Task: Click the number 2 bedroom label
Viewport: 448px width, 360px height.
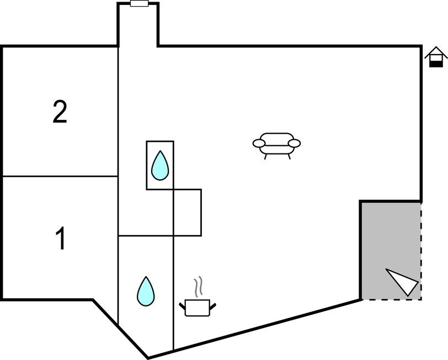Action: tap(60, 112)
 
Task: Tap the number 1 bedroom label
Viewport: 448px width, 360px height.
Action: tap(61, 240)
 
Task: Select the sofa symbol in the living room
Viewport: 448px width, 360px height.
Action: tap(277, 144)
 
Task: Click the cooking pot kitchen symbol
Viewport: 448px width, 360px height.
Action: tap(198, 307)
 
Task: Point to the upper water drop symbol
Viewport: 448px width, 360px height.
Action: tap(160, 165)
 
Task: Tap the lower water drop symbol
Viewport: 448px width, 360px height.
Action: tap(146, 291)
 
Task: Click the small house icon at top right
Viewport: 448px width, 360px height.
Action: tap(435, 57)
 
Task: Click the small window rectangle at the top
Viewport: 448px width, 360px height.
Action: tap(138, 4)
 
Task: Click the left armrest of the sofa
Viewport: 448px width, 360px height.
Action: tap(258, 144)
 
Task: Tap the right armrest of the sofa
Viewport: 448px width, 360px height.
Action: tap(295, 144)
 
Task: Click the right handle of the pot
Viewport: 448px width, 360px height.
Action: tap(212, 304)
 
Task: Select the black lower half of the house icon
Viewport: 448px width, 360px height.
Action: tap(436, 63)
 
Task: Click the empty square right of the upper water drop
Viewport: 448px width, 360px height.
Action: tap(188, 213)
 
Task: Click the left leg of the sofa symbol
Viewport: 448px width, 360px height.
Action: tap(266, 156)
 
